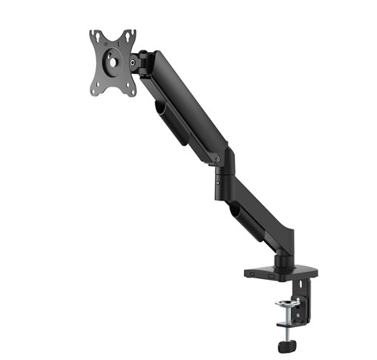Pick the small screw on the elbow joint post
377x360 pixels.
pos(220,182)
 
